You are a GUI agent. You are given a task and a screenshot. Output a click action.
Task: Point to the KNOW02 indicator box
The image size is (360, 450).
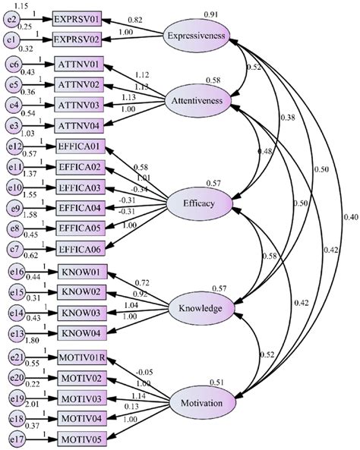click(x=83, y=291)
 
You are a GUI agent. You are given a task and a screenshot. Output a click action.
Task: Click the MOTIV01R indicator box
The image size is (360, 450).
click(x=82, y=359)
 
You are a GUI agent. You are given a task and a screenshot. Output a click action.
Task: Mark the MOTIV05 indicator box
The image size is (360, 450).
click(x=83, y=439)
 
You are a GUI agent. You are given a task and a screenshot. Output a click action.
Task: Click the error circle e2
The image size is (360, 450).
click(x=14, y=17)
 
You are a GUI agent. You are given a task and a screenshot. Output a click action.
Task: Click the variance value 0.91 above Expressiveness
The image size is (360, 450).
click(x=213, y=13)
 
